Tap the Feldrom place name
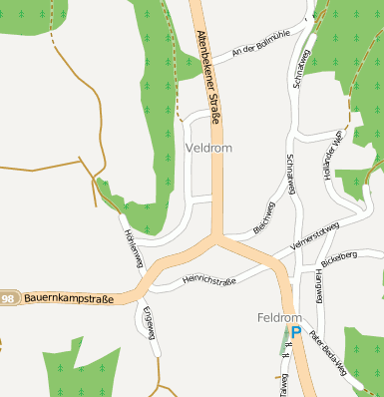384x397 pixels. (278, 318)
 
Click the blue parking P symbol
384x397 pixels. (295, 330)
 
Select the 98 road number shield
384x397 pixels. (9, 298)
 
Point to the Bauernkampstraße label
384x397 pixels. (68, 297)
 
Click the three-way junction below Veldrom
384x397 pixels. (216, 237)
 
